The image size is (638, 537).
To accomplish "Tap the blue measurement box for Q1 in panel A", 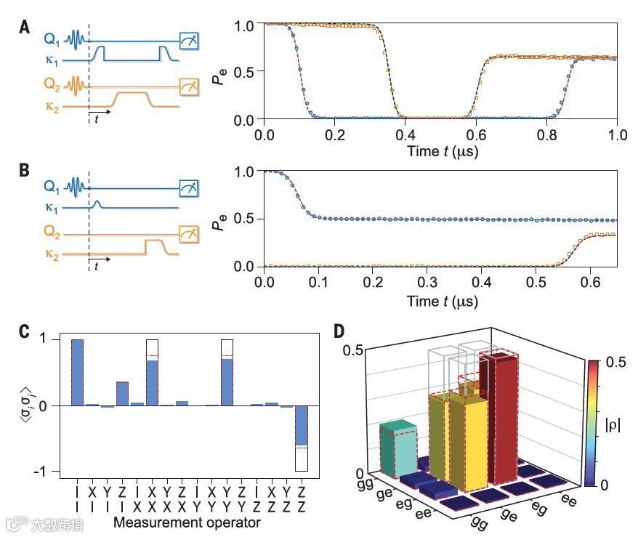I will click(189, 41).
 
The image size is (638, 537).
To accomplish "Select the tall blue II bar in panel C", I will click(77, 372).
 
